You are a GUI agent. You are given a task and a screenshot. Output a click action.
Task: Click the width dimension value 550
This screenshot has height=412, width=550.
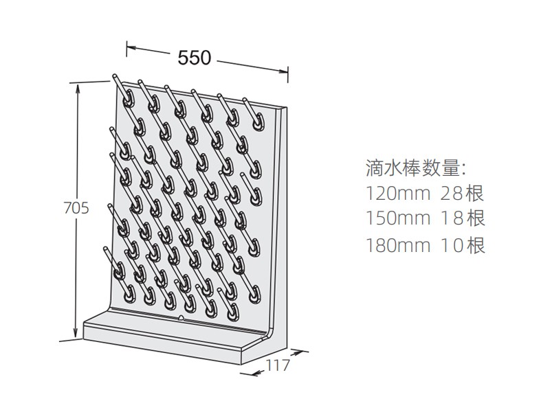coord(195,58)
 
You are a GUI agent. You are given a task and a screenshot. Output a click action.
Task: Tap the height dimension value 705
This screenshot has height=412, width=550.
coord(76,208)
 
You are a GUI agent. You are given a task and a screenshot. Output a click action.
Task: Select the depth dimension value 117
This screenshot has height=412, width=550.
coord(278,365)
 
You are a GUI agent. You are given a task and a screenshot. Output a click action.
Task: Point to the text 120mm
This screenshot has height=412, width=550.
coord(398,193)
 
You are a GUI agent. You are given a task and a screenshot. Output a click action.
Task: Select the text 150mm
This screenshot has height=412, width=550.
coord(398,218)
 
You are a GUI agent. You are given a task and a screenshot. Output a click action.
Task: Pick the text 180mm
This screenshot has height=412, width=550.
coord(398,245)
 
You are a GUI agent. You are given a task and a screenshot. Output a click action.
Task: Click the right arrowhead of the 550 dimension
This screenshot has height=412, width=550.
coord(284,72)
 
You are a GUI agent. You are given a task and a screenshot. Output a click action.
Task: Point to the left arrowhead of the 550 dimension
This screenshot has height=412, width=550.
coord(131,47)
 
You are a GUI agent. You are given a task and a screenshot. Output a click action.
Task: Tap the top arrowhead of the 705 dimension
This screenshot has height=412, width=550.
coord(78,89)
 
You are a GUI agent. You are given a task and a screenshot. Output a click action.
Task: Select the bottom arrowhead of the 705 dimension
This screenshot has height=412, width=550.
coord(75,333)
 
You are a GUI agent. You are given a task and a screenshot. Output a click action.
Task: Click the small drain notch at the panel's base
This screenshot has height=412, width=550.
coord(181,318)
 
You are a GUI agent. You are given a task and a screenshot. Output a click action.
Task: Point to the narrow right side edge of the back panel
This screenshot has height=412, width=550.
coord(282,225)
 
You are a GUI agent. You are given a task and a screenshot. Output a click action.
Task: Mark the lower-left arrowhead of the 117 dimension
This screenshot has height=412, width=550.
coord(256,374)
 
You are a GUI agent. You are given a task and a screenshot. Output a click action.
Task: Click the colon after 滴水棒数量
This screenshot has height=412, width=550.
coord(463,169)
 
